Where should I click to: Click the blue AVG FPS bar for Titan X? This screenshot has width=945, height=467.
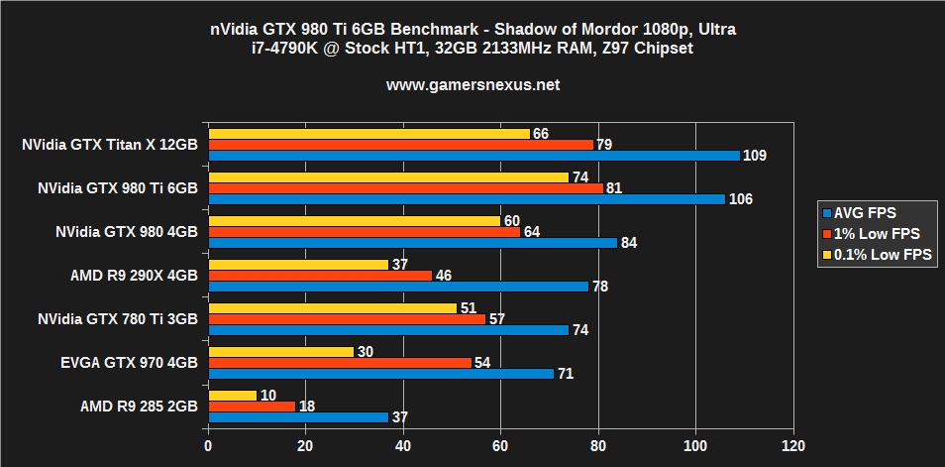coord(473,156)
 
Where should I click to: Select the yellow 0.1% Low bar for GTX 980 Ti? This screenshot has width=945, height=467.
coord(388,176)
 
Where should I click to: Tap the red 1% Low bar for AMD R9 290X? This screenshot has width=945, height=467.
coord(320,275)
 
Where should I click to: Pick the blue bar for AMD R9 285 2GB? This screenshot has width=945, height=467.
coord(298,417)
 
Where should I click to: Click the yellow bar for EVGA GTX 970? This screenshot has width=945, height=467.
coord(281,352)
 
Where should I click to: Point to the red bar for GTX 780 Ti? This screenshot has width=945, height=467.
coord(347,319)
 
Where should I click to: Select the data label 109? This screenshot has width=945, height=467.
coord(754,156)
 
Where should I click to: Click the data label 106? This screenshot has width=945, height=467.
coord(740,199)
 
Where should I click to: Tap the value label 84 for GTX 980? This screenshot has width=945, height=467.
coord(628,243)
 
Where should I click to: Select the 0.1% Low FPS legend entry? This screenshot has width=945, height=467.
coord(878,255)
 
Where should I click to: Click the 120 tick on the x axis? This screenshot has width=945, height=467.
coord(791,445)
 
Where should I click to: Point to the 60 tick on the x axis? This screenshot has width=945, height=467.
coord(500,445)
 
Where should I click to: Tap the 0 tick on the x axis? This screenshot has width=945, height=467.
coord(208,445)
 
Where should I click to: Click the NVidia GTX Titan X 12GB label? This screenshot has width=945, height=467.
coord(110,144)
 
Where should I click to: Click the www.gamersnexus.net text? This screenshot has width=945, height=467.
coord(472,85)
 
